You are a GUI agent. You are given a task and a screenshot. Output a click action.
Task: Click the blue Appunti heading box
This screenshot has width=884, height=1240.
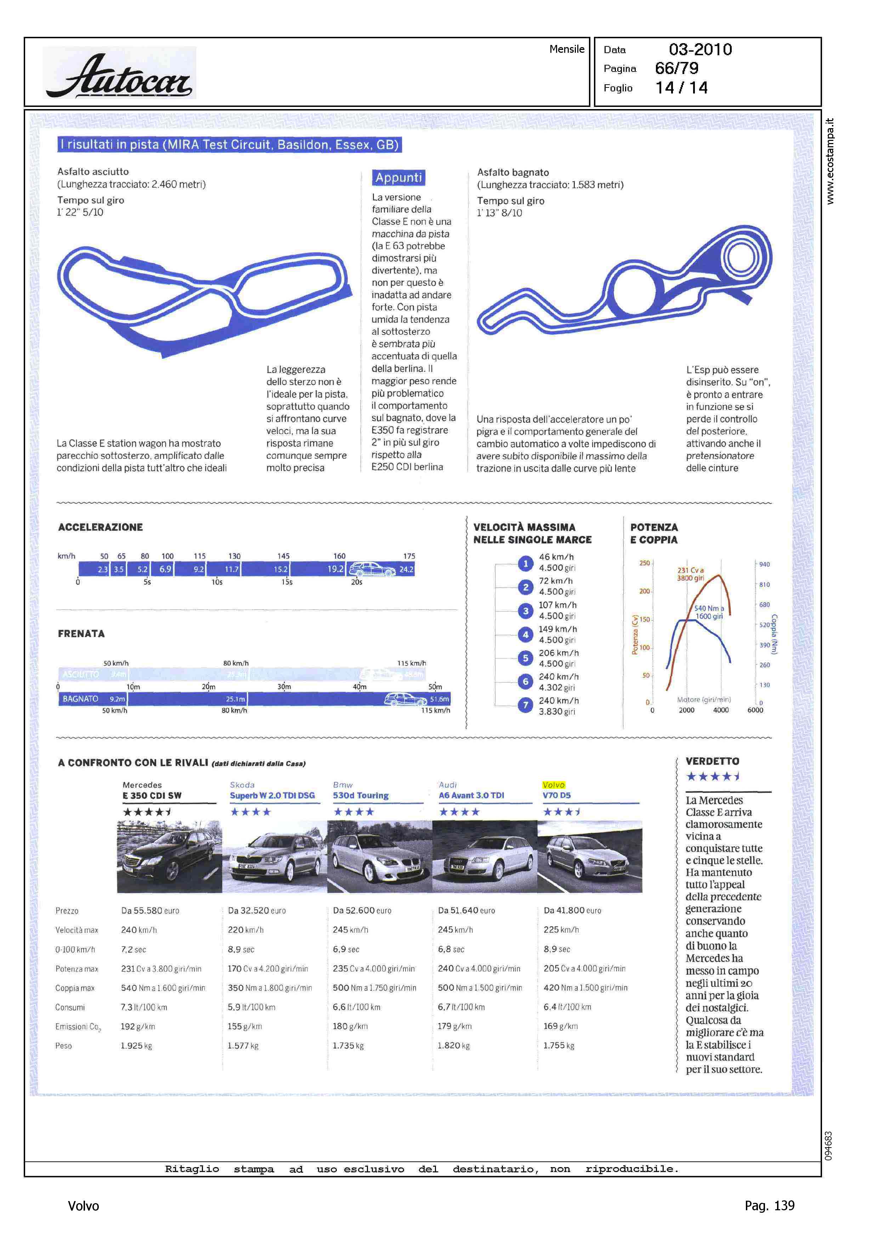[x=398, y=177]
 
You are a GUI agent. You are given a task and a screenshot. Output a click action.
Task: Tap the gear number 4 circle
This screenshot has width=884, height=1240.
[x=525, y=635]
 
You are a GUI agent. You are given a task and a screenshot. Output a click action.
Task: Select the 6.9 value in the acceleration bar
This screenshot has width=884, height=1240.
[x=165, y=569]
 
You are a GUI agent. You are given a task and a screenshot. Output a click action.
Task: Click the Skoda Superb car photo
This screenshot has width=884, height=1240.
[x=274, y=857]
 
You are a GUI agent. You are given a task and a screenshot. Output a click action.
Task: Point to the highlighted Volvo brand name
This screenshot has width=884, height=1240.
[x=554, y=785]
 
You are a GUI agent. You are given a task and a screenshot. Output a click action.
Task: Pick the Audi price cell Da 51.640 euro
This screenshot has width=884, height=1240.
[x=466, y=910]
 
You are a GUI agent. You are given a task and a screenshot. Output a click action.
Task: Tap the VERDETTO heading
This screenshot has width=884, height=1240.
[x=712, y=761]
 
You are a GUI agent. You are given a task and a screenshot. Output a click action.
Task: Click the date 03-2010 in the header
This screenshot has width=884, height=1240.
[x=700, y=50]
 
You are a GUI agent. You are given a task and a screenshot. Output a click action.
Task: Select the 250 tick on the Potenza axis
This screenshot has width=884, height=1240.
[x=645, y=563]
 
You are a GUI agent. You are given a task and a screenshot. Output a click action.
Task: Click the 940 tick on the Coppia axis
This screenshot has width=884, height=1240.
[x=764, y=564]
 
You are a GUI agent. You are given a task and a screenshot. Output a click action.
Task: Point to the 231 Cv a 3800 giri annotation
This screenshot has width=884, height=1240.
[x=690, y=574]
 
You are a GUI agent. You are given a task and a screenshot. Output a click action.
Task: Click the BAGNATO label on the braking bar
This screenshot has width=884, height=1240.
[x=80, y=699]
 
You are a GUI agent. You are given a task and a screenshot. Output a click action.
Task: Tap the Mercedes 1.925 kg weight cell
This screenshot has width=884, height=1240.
[x=136, y=1046]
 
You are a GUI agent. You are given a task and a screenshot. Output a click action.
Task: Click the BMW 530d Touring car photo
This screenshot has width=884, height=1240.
[x=379, y=857]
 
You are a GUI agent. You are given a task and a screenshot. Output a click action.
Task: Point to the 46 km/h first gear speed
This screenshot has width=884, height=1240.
[x=556, y=557]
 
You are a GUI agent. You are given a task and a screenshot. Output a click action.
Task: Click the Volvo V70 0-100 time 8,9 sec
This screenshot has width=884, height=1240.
[x=556, y=949]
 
